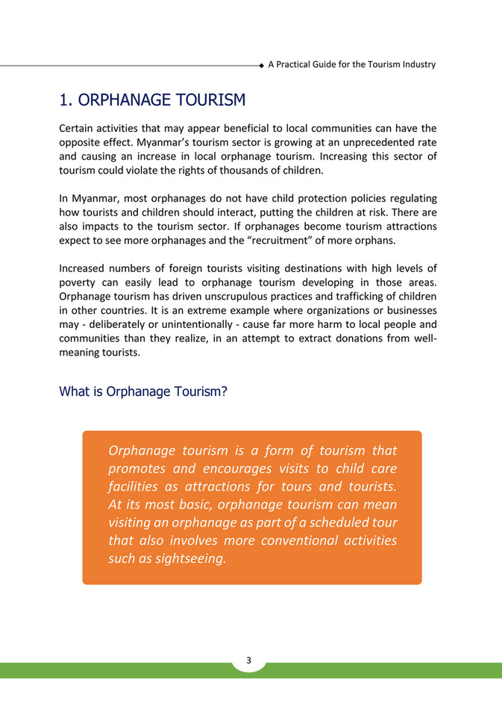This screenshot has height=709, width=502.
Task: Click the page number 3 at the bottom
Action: coord(249,660)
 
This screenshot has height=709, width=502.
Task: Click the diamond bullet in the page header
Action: coord(261,66)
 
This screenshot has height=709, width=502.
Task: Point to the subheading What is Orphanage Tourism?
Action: coord(143,391)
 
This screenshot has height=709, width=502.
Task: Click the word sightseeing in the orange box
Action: coord(184,558)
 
